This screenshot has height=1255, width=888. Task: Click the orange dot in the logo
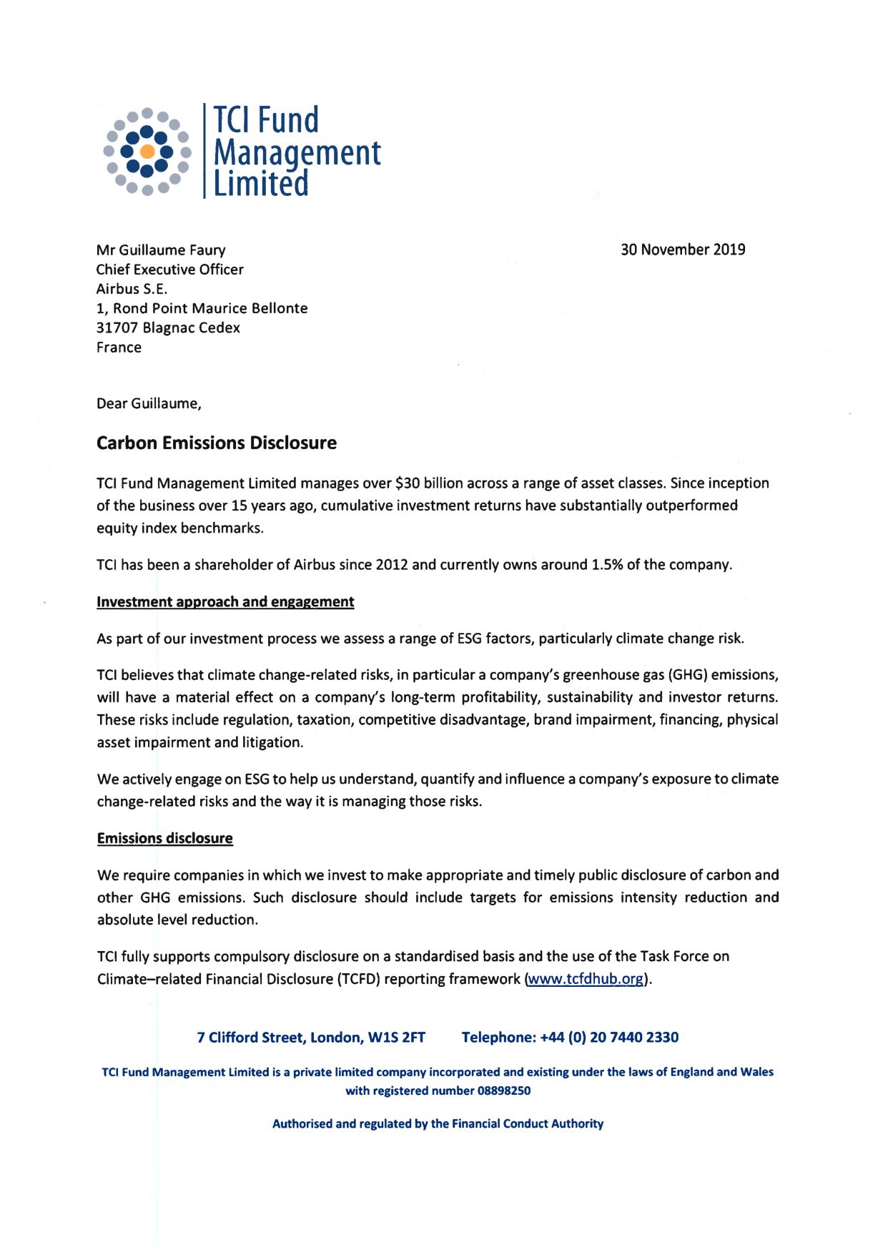[147, 152]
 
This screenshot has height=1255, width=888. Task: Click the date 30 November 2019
[682, 250]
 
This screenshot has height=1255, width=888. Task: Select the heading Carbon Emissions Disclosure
[216, 443]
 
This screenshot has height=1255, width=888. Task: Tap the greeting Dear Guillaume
[149, 403]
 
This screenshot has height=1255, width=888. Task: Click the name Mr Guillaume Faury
[161, 250]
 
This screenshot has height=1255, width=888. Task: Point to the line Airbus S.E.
[132, 289]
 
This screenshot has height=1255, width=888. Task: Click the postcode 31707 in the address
[117, 328]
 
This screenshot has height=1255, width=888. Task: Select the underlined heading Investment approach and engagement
[225, 601]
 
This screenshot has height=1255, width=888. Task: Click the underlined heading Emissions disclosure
[164, 838]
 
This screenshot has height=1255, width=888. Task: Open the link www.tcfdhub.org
[586, 979]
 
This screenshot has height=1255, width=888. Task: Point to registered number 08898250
[503, 1091]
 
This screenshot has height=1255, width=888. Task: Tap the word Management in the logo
[297, 153]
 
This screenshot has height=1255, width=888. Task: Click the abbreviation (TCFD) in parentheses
[358, 979]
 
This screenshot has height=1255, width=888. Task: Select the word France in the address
[119, 348]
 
